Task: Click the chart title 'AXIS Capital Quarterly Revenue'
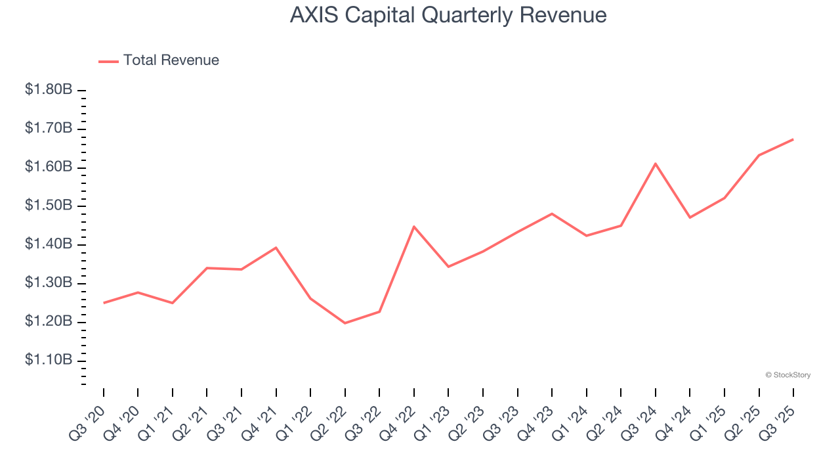coord(448,15)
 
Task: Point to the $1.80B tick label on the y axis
coord(49,89)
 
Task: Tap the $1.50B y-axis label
coord(49,206)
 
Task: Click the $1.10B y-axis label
coord(49,361)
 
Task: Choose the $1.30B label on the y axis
coord(49,283)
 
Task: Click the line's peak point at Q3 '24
coord(655,164)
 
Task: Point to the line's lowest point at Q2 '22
coord(345,323)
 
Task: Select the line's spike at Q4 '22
coord(414,227)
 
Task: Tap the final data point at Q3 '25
coord(793,139)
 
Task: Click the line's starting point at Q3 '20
coord(104,303)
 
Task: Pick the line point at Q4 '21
coord(276,248)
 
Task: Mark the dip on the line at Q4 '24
coord(690,217)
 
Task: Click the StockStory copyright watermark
coord(787,375)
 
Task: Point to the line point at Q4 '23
coord(552,214)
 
